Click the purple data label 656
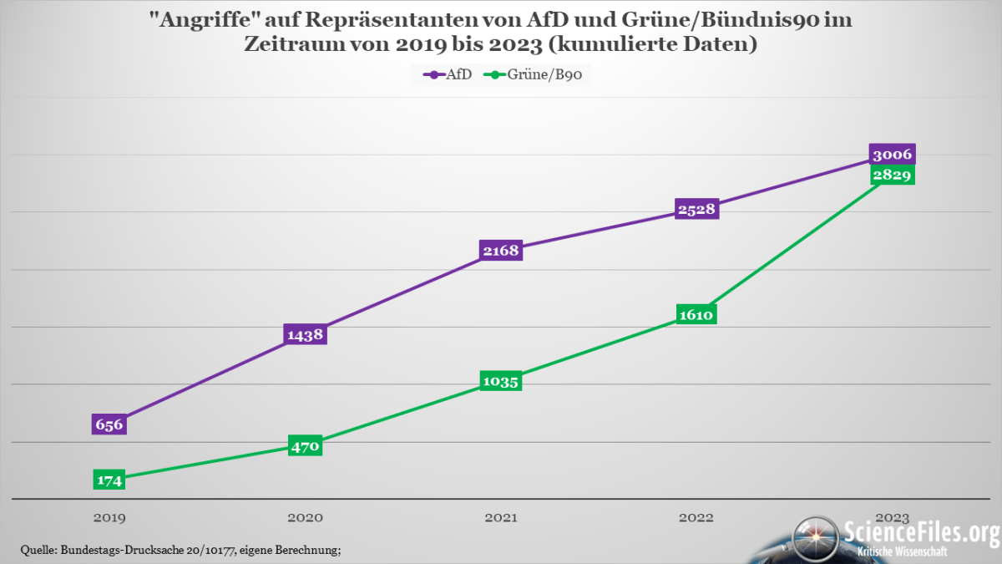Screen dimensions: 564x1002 (109, 424)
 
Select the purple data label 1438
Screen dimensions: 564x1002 (305, 334)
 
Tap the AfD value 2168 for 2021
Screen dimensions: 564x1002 (501, 250)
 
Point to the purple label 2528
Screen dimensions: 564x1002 (696, 209)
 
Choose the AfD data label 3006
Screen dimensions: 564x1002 (893, 155)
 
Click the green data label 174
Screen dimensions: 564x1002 (109, 480)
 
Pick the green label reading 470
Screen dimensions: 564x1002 (305, 446)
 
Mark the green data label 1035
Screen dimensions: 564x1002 (501, 382)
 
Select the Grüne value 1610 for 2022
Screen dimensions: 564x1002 (696, 315)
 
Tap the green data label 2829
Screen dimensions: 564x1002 (893, 175)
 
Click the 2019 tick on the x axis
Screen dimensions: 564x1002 (109, 518)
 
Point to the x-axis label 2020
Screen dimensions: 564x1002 (305, 518)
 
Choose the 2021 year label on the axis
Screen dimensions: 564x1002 (501, 518)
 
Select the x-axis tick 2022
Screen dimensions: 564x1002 (696, 518)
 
